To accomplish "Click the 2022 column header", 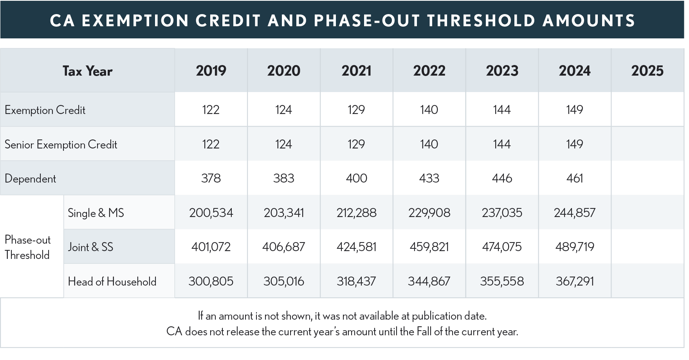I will coord(429,71).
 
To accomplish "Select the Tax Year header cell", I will coord(87,71).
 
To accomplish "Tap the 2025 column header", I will coord(647,71).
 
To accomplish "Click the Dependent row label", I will coord(31,179).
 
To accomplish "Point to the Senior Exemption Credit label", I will coord(61,145).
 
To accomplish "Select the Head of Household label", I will coord(112,281).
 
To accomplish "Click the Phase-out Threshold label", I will coord(27,247).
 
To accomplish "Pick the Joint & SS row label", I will coord(90,247).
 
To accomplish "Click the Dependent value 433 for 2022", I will coord(429,179).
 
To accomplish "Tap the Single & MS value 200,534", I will coord(211,213).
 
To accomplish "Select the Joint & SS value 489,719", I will coord(574,247).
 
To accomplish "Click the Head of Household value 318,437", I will coord(356,281).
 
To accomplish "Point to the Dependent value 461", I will coord(574,179).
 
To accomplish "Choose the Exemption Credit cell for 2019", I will coord(211,110).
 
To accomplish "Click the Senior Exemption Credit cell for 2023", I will coord(502,144).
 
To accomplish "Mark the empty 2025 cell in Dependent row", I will coord(647,179).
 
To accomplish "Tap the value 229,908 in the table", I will coord(429,213).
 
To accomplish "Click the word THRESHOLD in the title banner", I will coord(481,21).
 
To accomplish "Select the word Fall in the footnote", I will coord(424,331).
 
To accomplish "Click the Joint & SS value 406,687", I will coord(283,247).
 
